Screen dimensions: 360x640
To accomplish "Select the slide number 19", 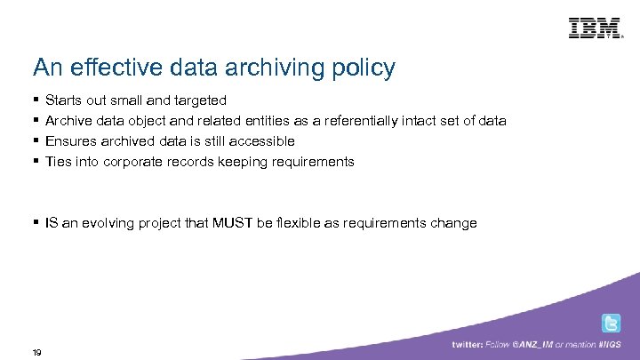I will (x=36, y=352).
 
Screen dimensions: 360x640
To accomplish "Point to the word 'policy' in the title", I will (x=365, y=68).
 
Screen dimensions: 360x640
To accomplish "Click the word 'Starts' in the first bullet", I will (x=61, y=100).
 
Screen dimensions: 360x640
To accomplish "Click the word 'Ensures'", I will (x=70, y=141).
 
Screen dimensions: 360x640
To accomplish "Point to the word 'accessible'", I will (x=262, y=141).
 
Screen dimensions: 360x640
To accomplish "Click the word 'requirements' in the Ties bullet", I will (x=315, y=162).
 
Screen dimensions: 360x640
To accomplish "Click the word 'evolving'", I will (x=108, y=223).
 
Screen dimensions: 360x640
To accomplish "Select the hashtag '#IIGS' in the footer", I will (x=612, y=345).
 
